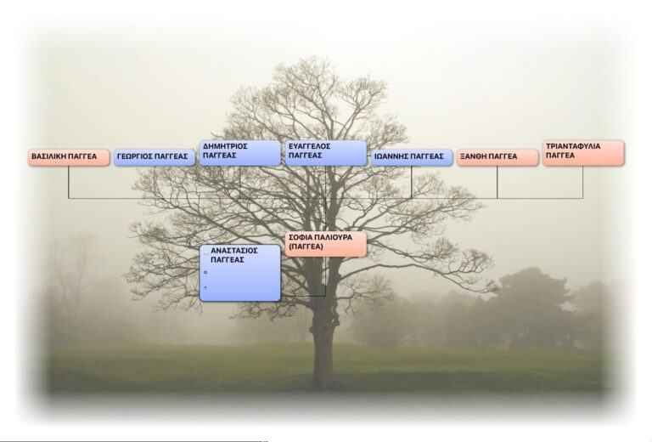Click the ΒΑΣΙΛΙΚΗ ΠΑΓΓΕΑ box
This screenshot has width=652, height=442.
click(68, 157)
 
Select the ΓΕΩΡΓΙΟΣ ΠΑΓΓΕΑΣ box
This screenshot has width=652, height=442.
click(154, 157)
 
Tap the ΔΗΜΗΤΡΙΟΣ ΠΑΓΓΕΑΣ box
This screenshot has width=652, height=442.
click(239, 152)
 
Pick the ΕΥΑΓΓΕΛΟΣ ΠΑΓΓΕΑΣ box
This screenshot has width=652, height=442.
click(325, 152)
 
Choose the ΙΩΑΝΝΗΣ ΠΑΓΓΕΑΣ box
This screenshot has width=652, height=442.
click(411, 157)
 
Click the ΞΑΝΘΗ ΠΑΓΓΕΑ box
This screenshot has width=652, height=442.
click(497, 157)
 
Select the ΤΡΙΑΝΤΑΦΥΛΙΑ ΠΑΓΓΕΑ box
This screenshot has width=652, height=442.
click(583, 152)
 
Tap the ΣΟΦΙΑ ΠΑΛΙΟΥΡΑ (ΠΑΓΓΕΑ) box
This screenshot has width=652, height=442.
click(325, 243)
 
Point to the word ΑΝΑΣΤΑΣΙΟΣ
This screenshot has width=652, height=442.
click(233, 251)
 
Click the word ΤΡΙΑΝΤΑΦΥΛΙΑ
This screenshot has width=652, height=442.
click(573, 146)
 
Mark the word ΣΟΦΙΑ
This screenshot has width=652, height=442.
click(300, 237)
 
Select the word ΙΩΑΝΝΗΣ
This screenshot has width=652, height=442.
click(393, 157)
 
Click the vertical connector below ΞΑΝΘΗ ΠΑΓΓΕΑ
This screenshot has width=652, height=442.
click(497, 182)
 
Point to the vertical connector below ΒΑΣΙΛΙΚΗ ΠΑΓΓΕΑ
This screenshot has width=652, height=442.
click(69, 182)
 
